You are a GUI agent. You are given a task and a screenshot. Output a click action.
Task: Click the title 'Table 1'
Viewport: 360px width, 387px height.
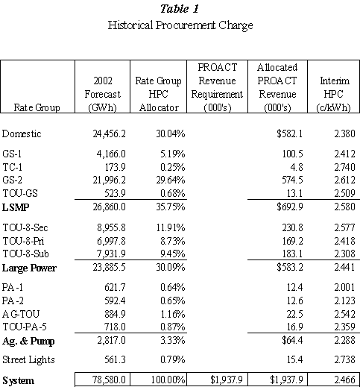(x=180, y=9)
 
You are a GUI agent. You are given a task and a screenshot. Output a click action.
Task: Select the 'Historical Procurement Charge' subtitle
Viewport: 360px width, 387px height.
(x=180, y=25)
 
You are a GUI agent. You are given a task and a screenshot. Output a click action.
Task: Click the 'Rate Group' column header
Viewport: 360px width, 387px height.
(x=37, y=107)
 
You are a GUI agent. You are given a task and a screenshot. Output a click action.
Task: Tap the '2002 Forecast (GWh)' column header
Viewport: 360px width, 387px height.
(x=102, y=94)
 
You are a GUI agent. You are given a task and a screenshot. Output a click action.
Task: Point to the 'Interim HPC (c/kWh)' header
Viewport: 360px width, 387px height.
(x=334, y=94)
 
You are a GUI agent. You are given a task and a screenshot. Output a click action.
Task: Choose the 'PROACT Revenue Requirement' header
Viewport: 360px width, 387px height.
(x=217, y=87)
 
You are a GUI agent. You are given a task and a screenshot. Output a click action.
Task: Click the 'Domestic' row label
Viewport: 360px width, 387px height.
(x=22, y=133)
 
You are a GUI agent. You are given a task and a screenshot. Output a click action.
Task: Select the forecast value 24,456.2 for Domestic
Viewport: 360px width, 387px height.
(x=110, y=133)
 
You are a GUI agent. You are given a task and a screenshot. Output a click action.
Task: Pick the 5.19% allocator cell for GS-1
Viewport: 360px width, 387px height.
(x=172, y=154)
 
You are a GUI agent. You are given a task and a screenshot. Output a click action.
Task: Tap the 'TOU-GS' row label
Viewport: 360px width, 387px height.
(x=20, y=193)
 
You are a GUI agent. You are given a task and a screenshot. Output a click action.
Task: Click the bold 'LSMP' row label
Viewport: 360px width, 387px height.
(x=16, y=207)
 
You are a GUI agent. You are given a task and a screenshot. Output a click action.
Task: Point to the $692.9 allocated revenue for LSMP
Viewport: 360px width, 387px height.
(x=290, y=207)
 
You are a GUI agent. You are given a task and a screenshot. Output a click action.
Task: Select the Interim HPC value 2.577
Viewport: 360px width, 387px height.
(x=344, y=227)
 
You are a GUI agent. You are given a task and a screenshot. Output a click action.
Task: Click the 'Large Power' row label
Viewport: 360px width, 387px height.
(x=29, y=268)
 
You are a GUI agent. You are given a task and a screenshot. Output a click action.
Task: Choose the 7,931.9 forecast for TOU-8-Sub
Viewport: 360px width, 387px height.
(x=111, y=254)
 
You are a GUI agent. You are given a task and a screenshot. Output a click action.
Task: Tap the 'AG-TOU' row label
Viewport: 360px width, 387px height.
(x=21, y=314)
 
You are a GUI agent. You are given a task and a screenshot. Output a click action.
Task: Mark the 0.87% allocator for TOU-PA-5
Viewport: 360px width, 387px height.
(x=172, y=327)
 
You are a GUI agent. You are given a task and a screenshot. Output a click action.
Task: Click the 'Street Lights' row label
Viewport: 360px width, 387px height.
(x=28, y=359)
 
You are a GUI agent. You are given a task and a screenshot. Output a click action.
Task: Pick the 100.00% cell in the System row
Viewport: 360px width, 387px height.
(x=168, y=380)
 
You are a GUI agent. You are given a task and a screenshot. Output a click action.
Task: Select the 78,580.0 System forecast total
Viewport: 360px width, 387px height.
(x=110, y=380)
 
